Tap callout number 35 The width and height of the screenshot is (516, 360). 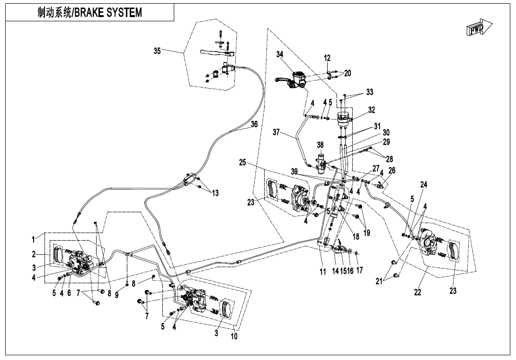[x=158, y=51]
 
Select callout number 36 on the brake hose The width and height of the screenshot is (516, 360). [x=254, y=124]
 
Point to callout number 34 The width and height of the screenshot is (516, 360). [x=280, y=55]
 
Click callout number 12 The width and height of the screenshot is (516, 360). [x=327, y=58]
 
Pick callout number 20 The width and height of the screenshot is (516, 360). [x=347, y=73]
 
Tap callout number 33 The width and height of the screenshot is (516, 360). [x=369, y=91]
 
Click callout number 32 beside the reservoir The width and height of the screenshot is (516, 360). [x=372, y=110]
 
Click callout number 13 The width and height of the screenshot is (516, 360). [x=215, y=193]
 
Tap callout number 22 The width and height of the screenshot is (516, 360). [x=418, y=292]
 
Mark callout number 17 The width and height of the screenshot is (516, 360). [x=360, y=271]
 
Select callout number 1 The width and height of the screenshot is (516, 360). [x=34, y=237]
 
